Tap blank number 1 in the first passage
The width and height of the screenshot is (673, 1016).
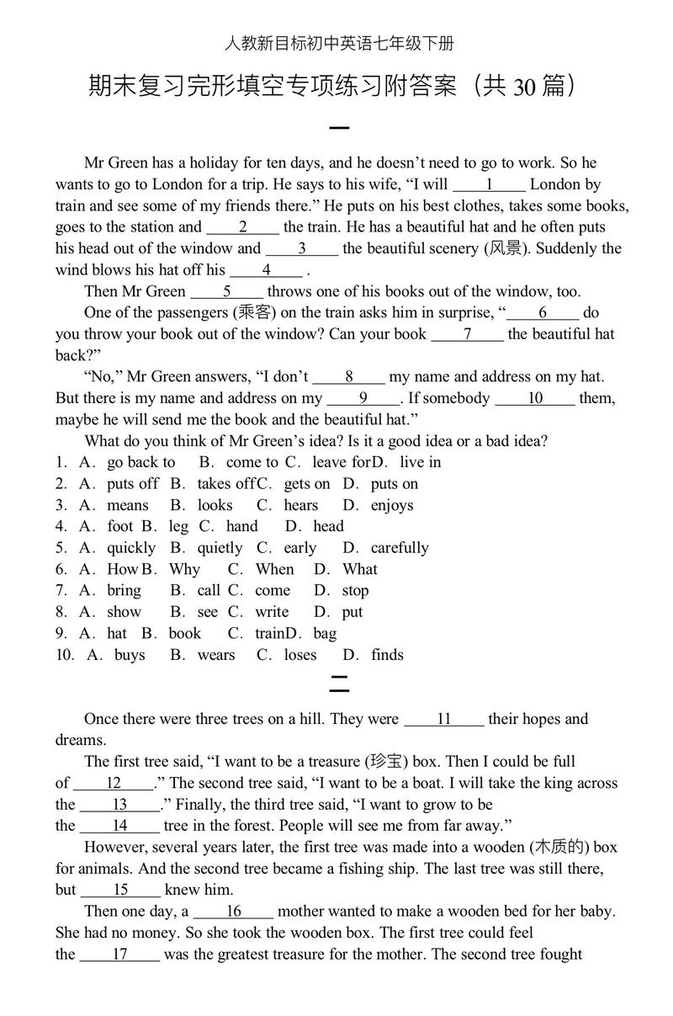coord(489,184)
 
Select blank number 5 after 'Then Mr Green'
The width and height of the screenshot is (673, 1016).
coord(227,291)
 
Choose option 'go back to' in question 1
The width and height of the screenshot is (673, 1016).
coord(140,462)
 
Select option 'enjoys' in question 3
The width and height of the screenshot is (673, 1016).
coord(392,505)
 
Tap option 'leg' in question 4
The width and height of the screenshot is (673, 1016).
coord(178,526)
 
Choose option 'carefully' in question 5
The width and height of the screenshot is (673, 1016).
coord(400,548)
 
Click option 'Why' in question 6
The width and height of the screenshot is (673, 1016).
coord(184,569)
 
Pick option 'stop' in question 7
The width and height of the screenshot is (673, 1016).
coord(355,591)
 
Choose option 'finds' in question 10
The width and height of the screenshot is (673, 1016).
coord(387,655)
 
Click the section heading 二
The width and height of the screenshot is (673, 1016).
coord(338,687)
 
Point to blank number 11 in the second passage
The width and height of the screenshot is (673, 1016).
coord(444,719)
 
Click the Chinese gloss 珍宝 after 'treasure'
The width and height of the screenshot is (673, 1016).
coord(384,762)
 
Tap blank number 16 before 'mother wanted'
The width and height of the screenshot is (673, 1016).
coord(233,912)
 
